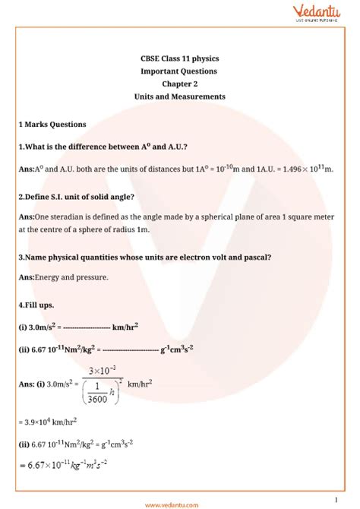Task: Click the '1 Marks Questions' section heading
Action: pos(52,124)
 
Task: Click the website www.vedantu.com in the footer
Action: pos(179,502)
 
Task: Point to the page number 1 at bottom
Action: pos(336,499)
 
